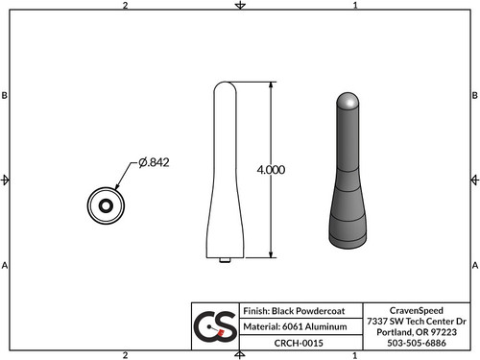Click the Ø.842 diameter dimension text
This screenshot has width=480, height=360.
click(x=154, y=163)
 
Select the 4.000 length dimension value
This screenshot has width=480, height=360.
click(x=271, y=169)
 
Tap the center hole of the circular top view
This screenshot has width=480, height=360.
click(x=104, y=204)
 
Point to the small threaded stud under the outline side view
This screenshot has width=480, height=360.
click(x=225, y=259)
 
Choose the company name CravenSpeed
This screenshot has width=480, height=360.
click(x=415, y=309)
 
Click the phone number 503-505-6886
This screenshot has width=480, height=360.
click(x=415, y=343)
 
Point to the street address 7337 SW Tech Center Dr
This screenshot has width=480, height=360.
click(x=415, y=320)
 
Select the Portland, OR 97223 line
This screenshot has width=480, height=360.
click(x=415, y=331)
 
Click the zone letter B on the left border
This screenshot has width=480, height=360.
click(x=6, y=96)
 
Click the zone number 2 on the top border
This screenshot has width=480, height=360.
click(x=126, y=6)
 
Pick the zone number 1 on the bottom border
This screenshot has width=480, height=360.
click(x=355, y=354)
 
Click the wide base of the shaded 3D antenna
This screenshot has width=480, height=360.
click(x=349, y=230)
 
